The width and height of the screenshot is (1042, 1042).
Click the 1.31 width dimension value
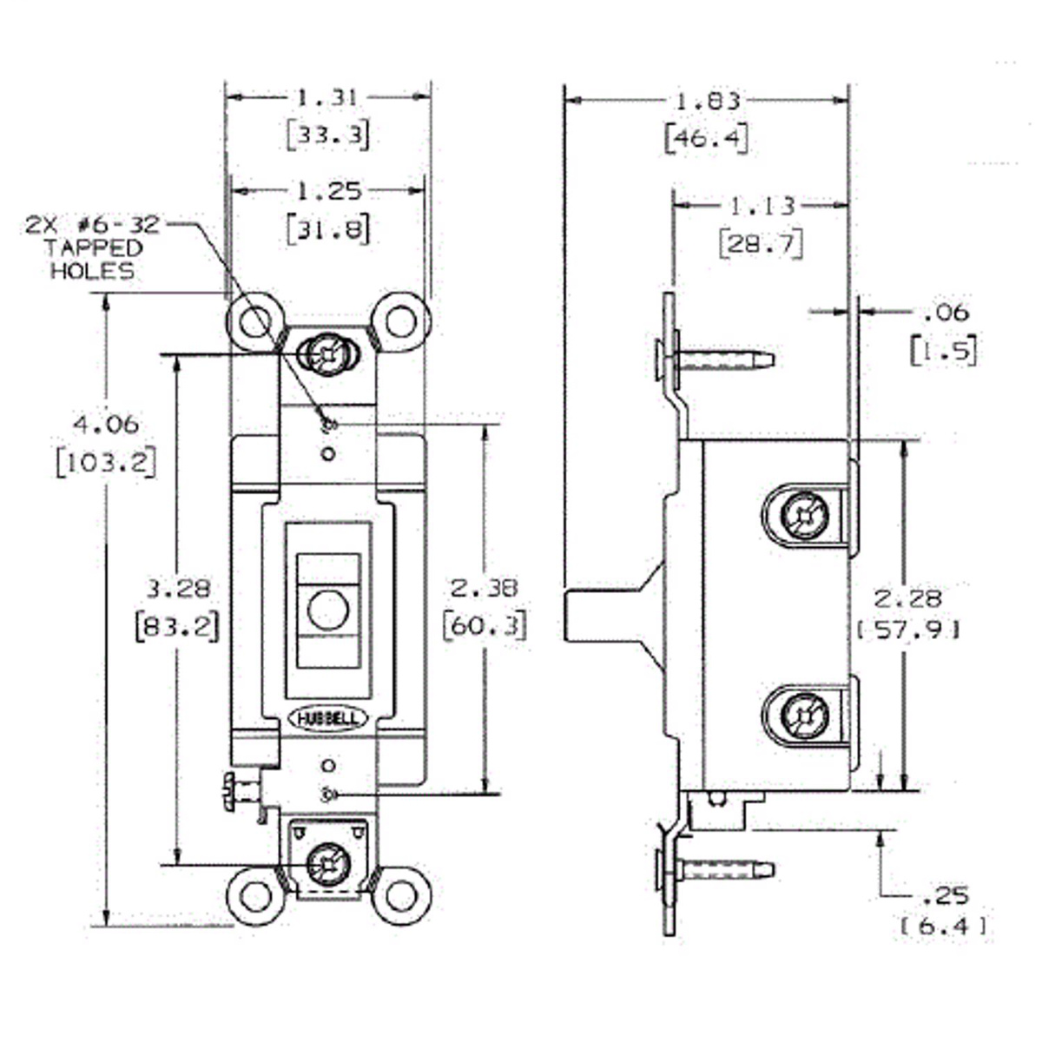[x=327, y=98]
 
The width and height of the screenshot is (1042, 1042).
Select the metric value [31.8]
[x=327, y=228]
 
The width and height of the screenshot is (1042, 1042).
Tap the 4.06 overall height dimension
[x=106, y=425]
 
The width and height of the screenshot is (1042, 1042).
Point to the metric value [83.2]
[x=177, y=625]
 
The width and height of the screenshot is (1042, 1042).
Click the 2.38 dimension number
[x=484, y=588]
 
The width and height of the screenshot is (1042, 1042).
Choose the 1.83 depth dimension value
[x=708, y=101]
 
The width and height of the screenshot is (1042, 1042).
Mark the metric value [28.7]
[x=761, y=243]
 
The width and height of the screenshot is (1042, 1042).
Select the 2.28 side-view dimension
[x=907, y=598]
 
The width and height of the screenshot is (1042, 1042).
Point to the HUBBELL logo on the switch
[x=328, y=718]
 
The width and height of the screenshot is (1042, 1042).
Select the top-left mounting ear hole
[x=252, y=323]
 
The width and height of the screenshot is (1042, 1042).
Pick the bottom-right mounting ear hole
[x=401, y=895]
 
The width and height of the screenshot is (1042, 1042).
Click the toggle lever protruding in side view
[x=599, y=616]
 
